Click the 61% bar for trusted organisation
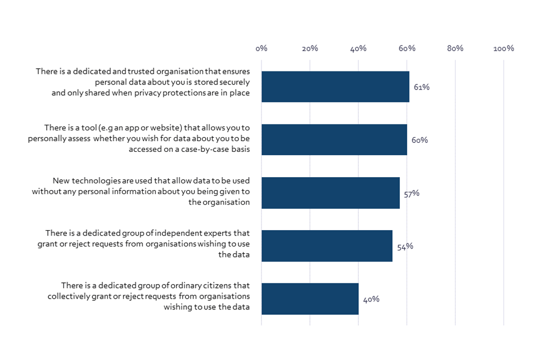(x=335, y=87)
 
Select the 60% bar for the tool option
(x=334, y=139)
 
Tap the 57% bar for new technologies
(x=331, y=193)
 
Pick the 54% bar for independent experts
(x=327, y=246)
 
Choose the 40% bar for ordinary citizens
(x=310, y=299)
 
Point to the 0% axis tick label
(x=261, y=49)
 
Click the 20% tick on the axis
(x=309, y=49)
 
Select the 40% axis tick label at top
(x=358, y=49)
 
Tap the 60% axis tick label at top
(x=407, y=49)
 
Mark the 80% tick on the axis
(x=455, y=49)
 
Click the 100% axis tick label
(x=503, y=49)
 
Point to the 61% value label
(x=421, y=87)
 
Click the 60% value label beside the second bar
(x=419, y=140)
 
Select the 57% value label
(x=411, y=193)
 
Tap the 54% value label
(x=405, y=246)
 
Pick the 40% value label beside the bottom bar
(x=371, y=299)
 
